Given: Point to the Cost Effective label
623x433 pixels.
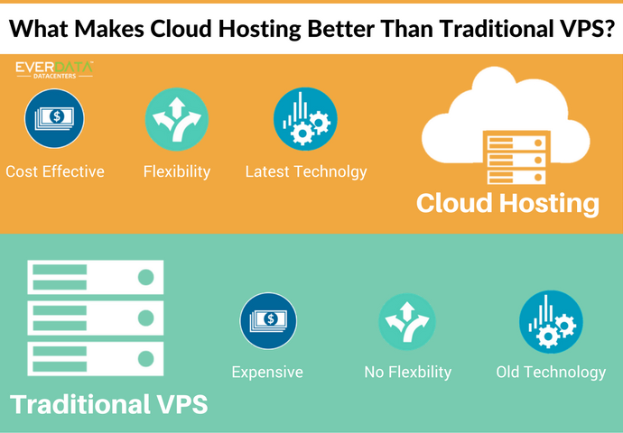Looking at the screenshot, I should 55,170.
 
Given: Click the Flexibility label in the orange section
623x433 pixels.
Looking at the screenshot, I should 177,170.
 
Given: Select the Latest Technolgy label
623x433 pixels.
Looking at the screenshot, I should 306,170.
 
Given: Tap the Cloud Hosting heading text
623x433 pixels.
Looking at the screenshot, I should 507,204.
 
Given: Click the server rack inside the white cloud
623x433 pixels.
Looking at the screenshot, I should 511,159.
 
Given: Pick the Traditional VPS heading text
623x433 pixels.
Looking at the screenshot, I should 108,403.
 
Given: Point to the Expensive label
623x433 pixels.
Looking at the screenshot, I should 267,372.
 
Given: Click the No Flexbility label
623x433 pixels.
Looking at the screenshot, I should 407,372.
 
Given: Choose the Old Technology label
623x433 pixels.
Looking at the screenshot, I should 551,372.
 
